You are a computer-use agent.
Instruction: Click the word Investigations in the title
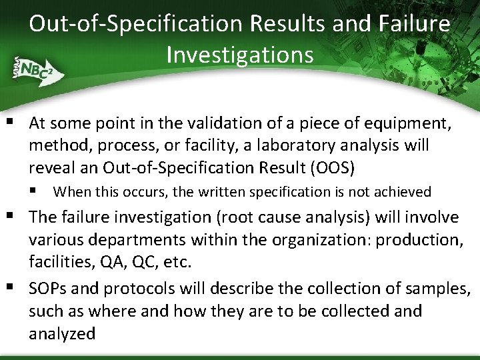240,54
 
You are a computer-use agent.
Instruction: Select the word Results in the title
292,24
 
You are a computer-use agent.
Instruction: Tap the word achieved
403,192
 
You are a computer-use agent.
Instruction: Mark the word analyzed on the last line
62,333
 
